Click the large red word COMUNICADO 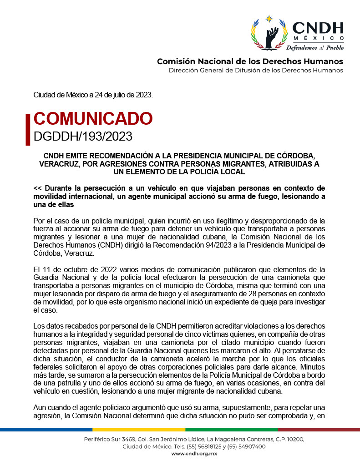[x=93, y=118]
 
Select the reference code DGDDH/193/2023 [x=83, y=135]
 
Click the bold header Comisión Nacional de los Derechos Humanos [x=250, y=61]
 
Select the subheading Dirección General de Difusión [x=256, y=71]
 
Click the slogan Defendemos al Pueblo [x=315, y=47]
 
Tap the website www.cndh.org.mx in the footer [x=194, y=454]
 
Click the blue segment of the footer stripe [x=46, y=429]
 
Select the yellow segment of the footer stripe [x=139, y=429]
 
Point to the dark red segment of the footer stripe [x=319, y=429]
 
